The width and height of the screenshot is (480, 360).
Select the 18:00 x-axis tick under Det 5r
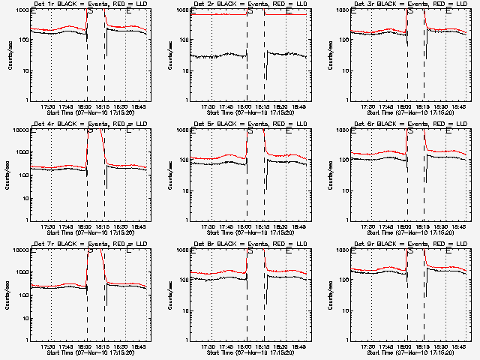pos(246,226)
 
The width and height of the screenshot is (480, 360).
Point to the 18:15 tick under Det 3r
pos(424,106)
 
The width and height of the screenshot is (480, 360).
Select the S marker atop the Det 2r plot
pos(250,11)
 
